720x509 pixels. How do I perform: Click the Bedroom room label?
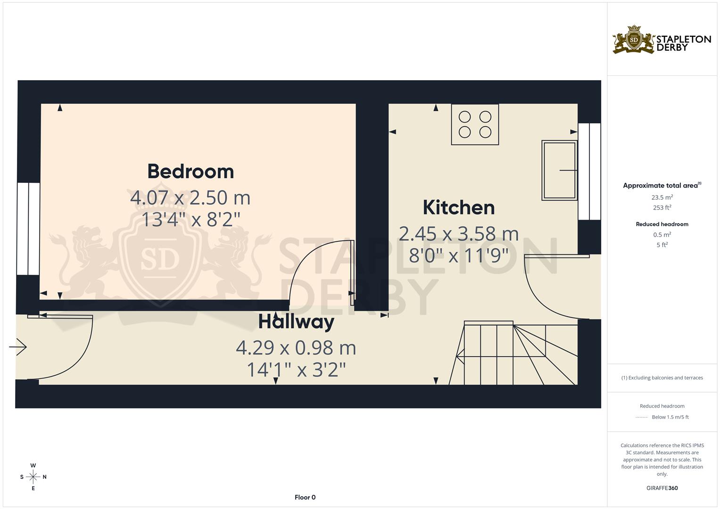tap(190, 171)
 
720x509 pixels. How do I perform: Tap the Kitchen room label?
tap(458, 207)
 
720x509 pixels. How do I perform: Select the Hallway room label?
tap(296, 322)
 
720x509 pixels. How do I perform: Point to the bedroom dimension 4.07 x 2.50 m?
tap(190, 197)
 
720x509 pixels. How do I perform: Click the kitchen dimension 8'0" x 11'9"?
tap(458, 256)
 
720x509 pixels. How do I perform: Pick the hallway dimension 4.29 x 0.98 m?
tap(296, 348)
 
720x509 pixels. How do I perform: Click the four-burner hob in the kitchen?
tap(475, 124)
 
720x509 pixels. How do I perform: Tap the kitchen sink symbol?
tap(560, 170)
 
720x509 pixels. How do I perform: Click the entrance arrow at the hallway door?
tap(18, 347)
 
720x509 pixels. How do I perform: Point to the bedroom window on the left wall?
tap(28, 229)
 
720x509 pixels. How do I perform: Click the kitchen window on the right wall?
tap(589, 171)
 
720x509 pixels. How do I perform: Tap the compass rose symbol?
tap(33, 477)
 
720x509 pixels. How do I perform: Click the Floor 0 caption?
tap(305, 497)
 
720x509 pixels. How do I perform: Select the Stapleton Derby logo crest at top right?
tap(634, 40)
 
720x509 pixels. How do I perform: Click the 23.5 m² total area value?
tap(662, 197)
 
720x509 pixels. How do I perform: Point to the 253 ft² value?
tap(662, 208)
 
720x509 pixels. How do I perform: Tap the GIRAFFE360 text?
tap(662, 488)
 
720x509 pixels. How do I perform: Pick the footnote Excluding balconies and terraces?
tap(662, 378)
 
